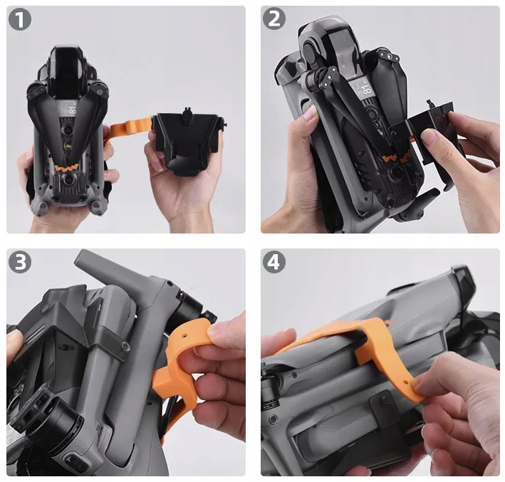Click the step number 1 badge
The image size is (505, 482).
click(20, 19)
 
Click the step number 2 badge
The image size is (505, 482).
click(274, 19)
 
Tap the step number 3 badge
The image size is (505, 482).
click(20, 262)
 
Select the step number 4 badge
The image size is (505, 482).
click(274, 262)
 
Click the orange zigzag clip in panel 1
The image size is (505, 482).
click(67, 167)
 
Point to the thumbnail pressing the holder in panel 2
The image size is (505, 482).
click(427, 136)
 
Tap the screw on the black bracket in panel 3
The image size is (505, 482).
click(125, 347)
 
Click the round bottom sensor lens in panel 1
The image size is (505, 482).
click(68, 179)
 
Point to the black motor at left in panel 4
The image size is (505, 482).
click(271, 383)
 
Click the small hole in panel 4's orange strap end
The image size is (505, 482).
click(405, 383)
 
